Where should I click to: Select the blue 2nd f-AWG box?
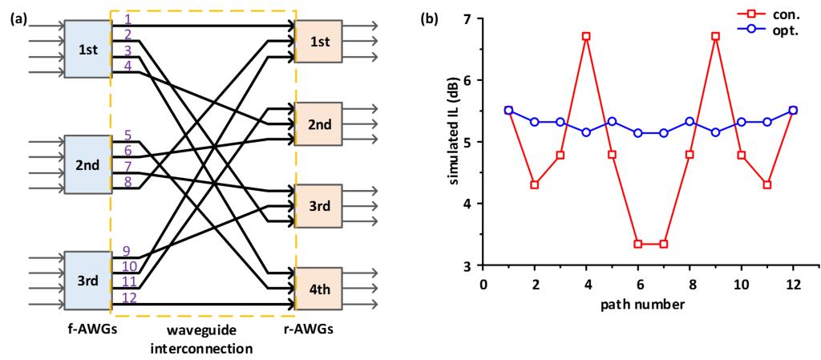click(x=87, y=165)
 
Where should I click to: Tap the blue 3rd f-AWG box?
click(x=87, y=281)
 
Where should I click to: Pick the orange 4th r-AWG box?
click(x=318, y=289)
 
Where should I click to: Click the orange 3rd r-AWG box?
click(x=318, y=207)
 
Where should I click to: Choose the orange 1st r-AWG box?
click(x=318, y=41)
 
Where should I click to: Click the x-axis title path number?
click(x=638, y=308)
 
